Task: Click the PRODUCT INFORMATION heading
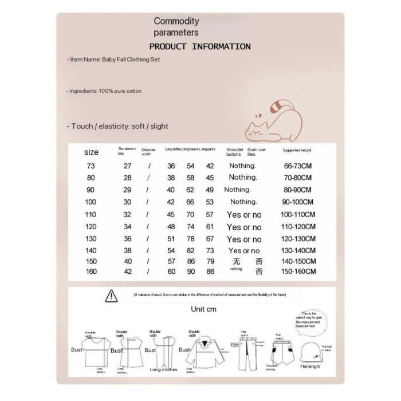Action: [x=199, y=46]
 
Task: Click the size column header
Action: [x=91, y=152]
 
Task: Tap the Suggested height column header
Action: [x=297, y=150]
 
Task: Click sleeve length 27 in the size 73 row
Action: [x=128, y=166]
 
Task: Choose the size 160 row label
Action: [x=91, y=271]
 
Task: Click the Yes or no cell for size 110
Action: [x=244, y=214]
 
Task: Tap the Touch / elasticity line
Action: [x=117, y=126]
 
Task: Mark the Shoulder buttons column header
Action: [x=235, y=152]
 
